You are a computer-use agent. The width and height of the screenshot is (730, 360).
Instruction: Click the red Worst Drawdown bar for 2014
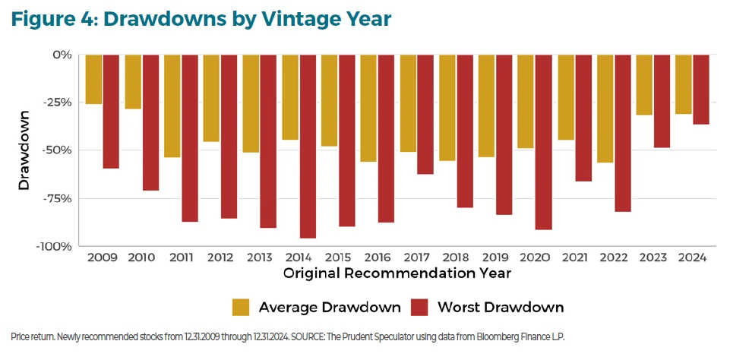(x=308, y=146)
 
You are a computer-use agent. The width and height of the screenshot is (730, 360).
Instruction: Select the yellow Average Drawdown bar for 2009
(x=93, y=79)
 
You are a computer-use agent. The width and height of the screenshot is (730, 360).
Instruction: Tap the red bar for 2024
(x=700, y=90)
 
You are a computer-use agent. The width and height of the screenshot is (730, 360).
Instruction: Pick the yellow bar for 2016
(x=368, y=108)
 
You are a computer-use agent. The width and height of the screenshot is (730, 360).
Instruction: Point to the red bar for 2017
(x=425, y=114)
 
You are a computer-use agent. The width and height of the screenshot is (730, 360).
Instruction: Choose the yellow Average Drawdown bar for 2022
(x=605, y=109)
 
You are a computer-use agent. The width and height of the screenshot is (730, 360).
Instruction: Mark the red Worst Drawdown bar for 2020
(x=543, y=142)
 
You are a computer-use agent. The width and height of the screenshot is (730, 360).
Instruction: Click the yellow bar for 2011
(x=172, y=106)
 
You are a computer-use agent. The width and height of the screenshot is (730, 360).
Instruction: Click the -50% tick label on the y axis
(x=55, y=150)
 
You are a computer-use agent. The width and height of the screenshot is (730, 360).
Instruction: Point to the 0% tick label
(x=62, y=55)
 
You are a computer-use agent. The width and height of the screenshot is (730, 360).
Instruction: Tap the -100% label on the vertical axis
(x=53, y=247)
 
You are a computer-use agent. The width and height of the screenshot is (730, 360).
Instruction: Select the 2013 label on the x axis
(x=260, y=257)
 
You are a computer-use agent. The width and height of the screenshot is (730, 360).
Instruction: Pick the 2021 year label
(x=574, y=257)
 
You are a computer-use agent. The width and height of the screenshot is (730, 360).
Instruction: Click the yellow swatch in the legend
(x=241, y=307)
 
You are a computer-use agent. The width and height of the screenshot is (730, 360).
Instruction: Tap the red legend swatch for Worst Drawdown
(x=419, y=307)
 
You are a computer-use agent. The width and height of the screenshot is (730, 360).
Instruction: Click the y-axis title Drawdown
(x=24, y=150)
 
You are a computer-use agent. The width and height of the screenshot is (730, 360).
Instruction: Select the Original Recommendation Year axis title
(x=397, y=272)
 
